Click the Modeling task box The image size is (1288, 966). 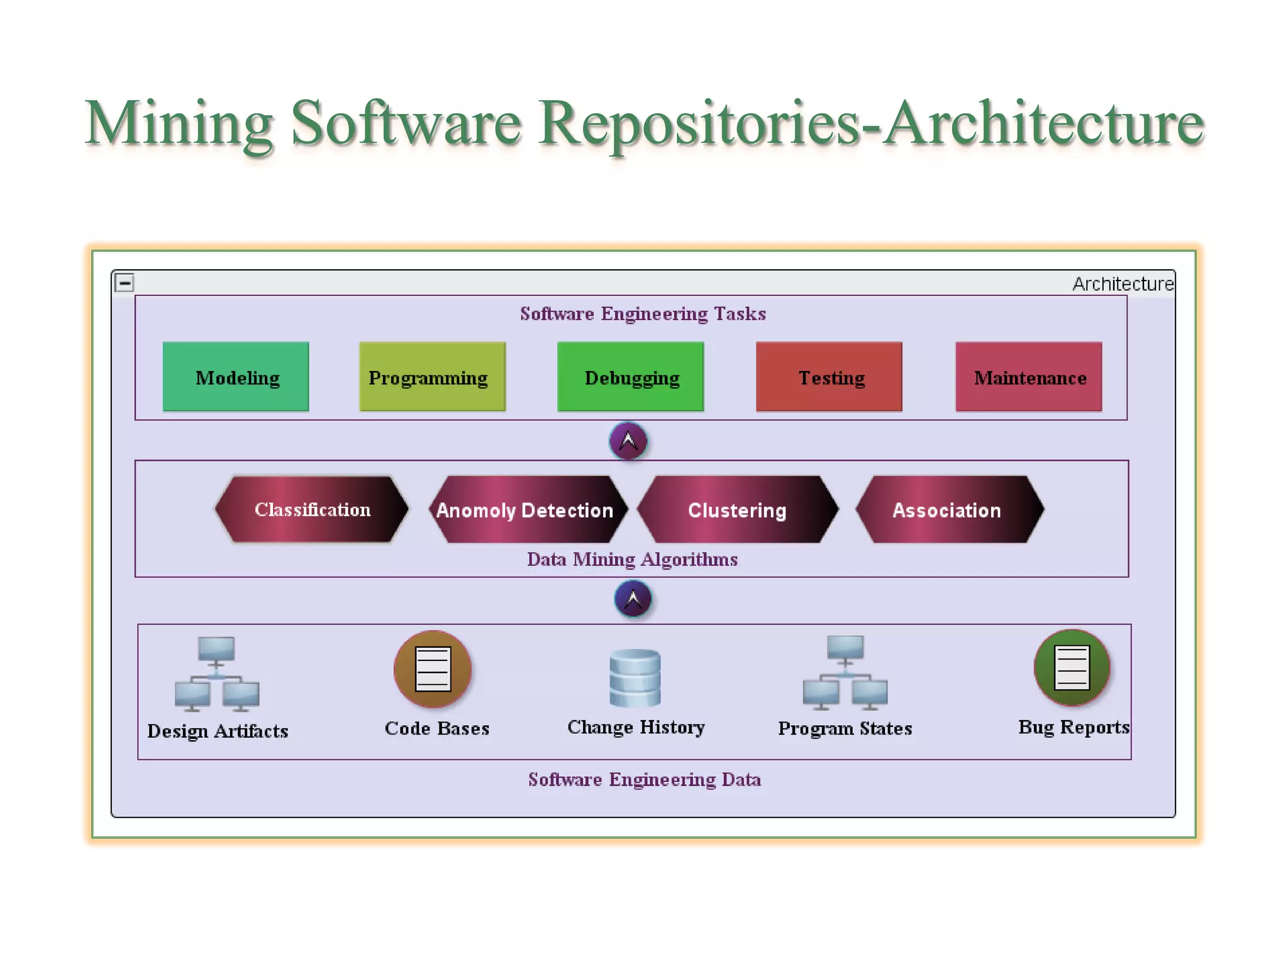[236, 377]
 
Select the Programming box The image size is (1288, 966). [432, 377]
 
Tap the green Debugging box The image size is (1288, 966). [630, 377]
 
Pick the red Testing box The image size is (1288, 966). [829, 377]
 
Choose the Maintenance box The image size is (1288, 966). [1028, 377]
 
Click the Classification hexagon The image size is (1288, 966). [312, 509]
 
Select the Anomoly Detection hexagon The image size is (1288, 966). [527, 509]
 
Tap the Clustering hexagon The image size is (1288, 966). [737, 509]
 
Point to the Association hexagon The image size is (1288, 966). [948, 509]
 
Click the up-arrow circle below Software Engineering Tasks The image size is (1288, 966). [628, 441]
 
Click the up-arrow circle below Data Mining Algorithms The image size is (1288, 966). [633, 598]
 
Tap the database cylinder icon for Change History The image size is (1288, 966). [635, 679]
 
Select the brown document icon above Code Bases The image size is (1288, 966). [433, 669]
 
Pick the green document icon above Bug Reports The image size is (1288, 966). [1072, 668]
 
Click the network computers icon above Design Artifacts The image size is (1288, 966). [216, 674]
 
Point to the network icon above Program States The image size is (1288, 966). [845, 672]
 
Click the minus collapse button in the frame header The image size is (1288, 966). [125, 283]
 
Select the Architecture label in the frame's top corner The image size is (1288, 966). [1123, 284]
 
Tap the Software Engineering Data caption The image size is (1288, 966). [644, 780]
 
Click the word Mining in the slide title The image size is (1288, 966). [179, 123]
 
